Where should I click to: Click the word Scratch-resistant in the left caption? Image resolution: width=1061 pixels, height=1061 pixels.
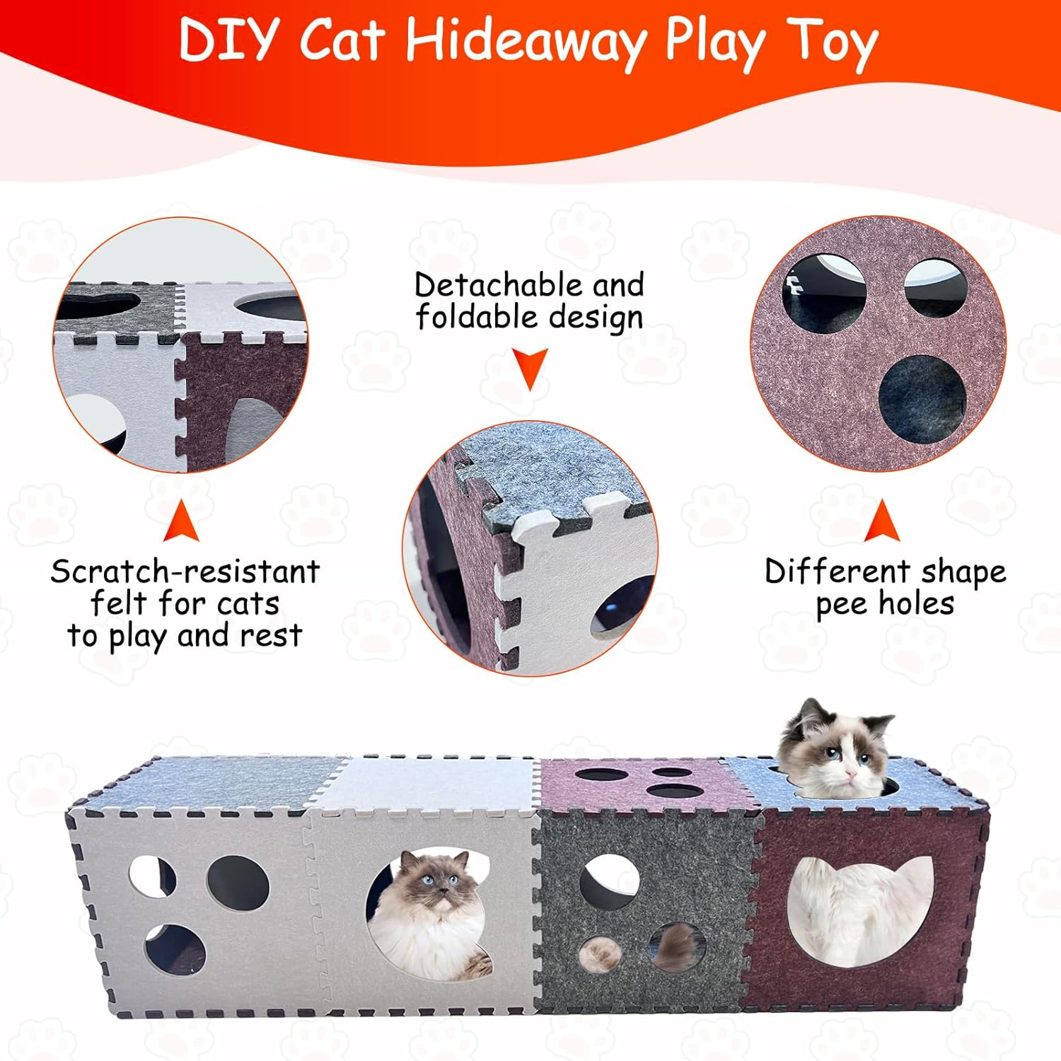tap(185, 572)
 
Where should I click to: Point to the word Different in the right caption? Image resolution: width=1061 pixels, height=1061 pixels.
tap(837, 571)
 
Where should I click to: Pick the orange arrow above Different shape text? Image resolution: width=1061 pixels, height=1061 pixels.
tap(882, 521)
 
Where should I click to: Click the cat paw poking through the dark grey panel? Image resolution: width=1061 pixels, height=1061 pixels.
tap(601, 953)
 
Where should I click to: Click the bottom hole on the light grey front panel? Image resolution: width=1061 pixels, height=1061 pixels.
tap(175, 948)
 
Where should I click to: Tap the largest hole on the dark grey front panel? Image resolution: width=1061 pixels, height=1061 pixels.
tap(609, 881)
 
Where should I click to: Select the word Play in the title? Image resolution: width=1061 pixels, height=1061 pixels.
tap(714, 41)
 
